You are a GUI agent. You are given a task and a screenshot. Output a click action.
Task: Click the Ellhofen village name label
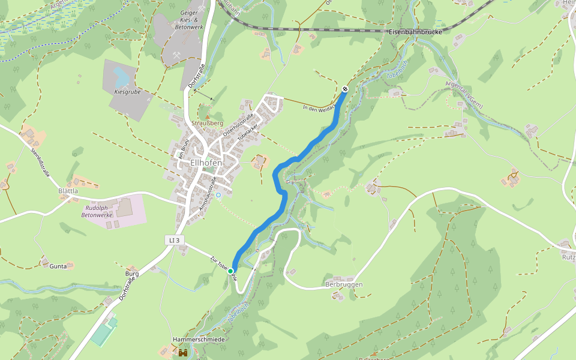[206, 163]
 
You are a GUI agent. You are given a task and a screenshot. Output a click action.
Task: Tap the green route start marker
[230, 271]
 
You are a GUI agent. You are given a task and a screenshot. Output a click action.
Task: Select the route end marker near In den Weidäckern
[345, 89]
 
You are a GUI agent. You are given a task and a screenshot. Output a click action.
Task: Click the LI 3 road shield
[174, 240]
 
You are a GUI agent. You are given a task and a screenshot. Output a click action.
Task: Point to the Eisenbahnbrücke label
[415, 31]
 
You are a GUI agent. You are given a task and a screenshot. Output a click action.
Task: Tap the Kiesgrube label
[127, 92]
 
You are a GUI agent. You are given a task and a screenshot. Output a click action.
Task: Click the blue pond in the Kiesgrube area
[121, 77]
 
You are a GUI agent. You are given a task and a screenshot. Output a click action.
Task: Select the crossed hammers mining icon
[176, 55]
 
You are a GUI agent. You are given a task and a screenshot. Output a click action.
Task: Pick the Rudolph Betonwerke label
[97, 211]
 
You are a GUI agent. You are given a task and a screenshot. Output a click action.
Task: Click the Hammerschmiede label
[199, 340]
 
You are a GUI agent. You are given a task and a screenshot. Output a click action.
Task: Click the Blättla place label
[68, 191]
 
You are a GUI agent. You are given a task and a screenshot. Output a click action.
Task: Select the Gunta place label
[58, 265]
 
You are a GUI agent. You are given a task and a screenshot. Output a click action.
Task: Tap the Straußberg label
[207, 124]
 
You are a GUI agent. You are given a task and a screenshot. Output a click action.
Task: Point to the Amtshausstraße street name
[208, 193]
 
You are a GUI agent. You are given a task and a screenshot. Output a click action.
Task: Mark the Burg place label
[132, 274]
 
